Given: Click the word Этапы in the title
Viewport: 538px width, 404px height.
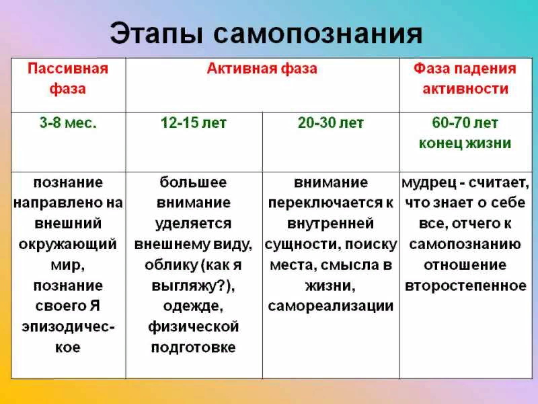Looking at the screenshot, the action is (157, 34).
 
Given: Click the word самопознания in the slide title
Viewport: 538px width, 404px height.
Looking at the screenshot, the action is (317, 34).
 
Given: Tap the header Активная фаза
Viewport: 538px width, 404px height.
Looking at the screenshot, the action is (262, 69).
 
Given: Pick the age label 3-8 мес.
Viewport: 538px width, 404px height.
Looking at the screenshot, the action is (68, 123).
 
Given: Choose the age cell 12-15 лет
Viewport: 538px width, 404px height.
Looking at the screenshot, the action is (194, 123).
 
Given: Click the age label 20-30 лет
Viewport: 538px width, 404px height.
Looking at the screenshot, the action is (331, 123).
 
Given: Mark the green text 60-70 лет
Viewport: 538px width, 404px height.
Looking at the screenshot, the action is (465, 123).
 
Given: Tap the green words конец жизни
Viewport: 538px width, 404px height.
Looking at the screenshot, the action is (465, 143).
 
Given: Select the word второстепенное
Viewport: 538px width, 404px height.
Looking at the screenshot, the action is (465, 285).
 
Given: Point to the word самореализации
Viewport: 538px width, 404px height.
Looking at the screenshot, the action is (330, 306).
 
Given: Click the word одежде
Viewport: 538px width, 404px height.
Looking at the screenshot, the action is (193, 306).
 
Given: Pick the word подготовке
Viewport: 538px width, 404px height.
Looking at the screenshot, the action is (193, 347).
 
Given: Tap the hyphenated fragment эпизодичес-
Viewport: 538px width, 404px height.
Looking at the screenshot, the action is (68, 327).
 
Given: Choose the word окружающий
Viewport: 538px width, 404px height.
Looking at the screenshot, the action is (68, 244).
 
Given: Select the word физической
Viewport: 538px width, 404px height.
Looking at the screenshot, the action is (193, 327).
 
